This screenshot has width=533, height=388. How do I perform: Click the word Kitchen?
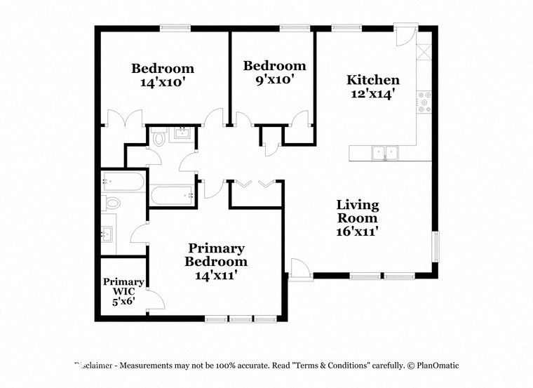point(374,80)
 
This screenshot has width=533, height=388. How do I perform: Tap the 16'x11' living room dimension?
point(357,232)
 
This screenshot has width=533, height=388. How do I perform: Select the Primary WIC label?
point(124,286)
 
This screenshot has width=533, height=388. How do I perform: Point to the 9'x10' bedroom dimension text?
point(274,79)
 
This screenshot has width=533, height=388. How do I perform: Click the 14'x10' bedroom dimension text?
point(163,81)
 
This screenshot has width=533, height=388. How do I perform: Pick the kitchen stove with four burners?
point(424,102)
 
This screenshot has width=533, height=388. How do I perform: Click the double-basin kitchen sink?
point(384,152)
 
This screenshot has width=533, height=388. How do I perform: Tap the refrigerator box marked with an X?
point(424,53)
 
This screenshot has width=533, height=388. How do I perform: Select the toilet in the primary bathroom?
point(112,203)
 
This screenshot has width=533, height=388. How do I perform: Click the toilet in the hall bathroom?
point(158,138)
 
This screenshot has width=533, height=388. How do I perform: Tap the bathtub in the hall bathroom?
point(171,194)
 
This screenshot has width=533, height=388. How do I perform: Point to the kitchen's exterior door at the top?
point(406,35)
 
